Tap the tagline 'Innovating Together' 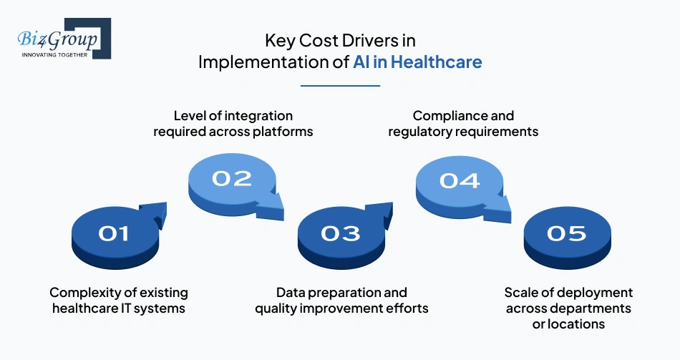point(54,54)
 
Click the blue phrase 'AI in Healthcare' point(417,62)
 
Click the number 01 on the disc point(114,233)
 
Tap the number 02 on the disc point(231,177)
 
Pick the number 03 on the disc point(340,233)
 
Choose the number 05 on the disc point(566,233)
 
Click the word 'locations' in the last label point(577,324)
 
